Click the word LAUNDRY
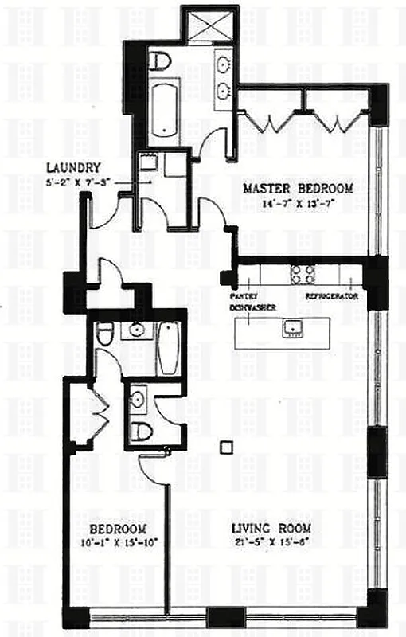click(x=72, y=168)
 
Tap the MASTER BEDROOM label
click(x=298, y=189)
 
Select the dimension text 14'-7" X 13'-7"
click(x=298, y=203)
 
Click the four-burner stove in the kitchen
click(x=303, y=275)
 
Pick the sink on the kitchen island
click(x=291, y=327)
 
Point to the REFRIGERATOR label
click(x=332, y=295)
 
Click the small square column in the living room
click(x=226, y=447)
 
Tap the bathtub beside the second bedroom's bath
click(x=168, y=347)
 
